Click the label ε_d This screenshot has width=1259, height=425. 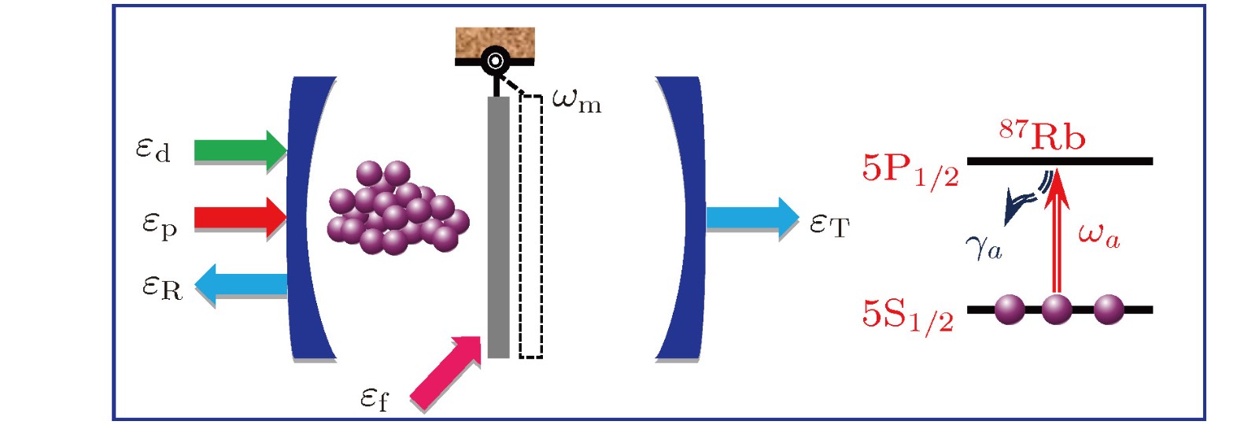153,149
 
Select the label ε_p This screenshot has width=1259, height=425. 159,225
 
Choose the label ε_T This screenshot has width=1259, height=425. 829,225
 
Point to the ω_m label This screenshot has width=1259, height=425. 577,101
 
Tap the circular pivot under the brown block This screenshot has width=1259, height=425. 495,60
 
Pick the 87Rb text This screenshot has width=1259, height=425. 1043,135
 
